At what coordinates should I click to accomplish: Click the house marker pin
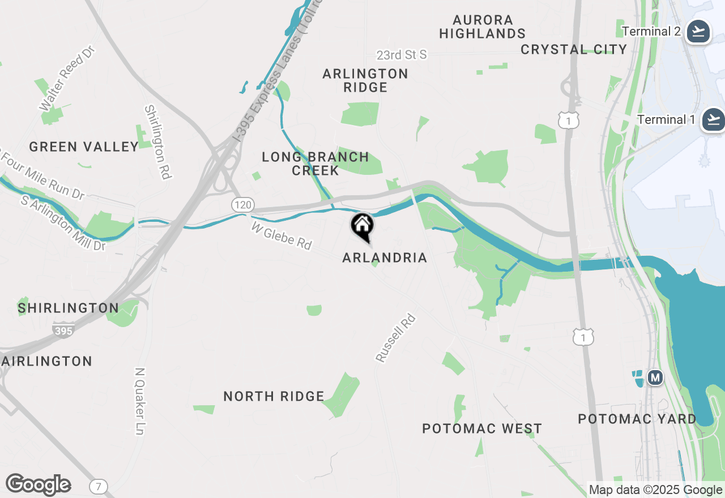[x=362, y=226]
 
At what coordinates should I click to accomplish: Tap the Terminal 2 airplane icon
[x=698, y=32]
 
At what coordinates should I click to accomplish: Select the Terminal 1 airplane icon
[x=713, y=120]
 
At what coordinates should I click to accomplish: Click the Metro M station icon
[x=655, y=377]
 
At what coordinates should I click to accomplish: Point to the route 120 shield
[x=243, y=205]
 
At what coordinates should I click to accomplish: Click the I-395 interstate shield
[x=63, y=330]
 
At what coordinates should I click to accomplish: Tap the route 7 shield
[x=99, y=487]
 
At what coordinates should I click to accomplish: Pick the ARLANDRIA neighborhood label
[x=385, y=258]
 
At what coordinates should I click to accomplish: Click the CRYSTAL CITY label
[x=574, y=50]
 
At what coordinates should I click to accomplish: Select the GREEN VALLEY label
[x=84, y=147]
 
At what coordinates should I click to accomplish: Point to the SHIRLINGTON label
[x=68, y=308]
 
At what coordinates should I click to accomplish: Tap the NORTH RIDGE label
[x=274, y=397]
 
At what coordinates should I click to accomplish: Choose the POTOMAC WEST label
[x=482, y=429]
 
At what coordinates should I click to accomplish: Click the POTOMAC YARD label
[x=637, y=419]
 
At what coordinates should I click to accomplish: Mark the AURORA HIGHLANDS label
[x=483, y=27]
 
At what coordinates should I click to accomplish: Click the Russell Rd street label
[x=396, y=338]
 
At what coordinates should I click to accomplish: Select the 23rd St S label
[x=402, y=55]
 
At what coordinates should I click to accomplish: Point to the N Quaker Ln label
[x=140, y=401]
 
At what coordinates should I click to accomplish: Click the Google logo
[x=38, y=485]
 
